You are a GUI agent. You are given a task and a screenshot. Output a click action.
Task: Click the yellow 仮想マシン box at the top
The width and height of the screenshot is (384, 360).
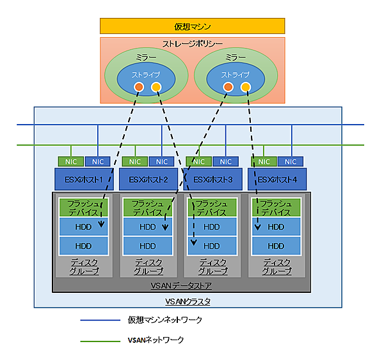click(x=192, y=26)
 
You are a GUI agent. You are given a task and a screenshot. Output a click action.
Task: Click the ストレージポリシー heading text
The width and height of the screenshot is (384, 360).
click(x=192, y=44)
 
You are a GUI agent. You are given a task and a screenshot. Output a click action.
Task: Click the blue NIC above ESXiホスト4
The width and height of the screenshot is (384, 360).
click(x=290, y=162)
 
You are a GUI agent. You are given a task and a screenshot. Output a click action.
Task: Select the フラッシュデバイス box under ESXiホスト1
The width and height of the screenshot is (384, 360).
click(x=83, y=207)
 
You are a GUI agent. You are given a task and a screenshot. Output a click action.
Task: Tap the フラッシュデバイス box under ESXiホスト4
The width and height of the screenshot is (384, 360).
click(x=276, y=207)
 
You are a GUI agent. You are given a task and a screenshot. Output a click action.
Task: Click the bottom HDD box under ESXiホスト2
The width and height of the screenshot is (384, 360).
click(x=148, y=246)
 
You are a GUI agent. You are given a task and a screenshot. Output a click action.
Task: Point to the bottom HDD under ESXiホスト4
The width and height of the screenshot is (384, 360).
click(x=276, y=246)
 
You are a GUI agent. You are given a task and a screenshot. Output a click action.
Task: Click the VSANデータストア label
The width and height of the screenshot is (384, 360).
click(x=181, y=285)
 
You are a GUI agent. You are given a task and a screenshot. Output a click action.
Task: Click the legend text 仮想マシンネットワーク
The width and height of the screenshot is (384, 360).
click(x=165, y=320)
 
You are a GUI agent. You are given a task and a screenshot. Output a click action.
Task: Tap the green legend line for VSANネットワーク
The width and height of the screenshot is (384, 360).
click(x=100, y=341)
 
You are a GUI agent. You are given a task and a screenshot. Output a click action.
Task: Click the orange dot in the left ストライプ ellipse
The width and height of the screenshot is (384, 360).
click(x=138, y=87)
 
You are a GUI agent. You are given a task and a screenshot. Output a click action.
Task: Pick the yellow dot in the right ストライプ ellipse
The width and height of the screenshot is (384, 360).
click(x=245, y=87)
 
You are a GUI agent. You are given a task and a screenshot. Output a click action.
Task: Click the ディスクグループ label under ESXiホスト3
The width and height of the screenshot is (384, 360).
click(x=212, y=267)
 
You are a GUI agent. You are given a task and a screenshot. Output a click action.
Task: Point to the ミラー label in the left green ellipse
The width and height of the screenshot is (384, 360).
click(x=146, y=58)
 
